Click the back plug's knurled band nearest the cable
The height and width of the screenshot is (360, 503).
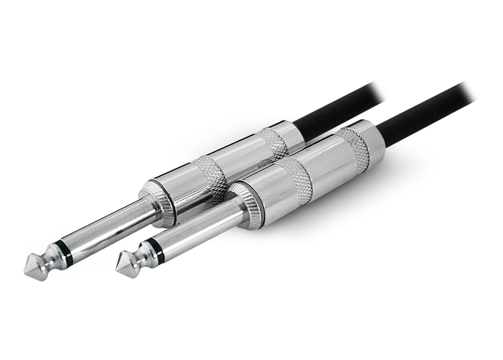tap(272, 143)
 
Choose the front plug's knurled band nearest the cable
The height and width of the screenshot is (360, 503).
tap(353, 149)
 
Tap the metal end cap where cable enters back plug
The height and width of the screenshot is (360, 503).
tap(290, 134)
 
